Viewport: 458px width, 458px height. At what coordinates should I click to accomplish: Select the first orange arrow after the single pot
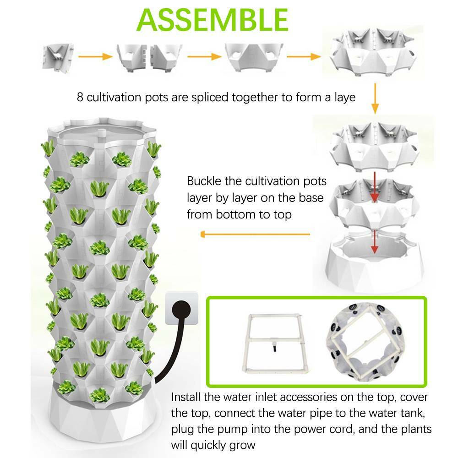[95, 56]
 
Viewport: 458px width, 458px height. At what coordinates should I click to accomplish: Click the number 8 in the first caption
[80, 97]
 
